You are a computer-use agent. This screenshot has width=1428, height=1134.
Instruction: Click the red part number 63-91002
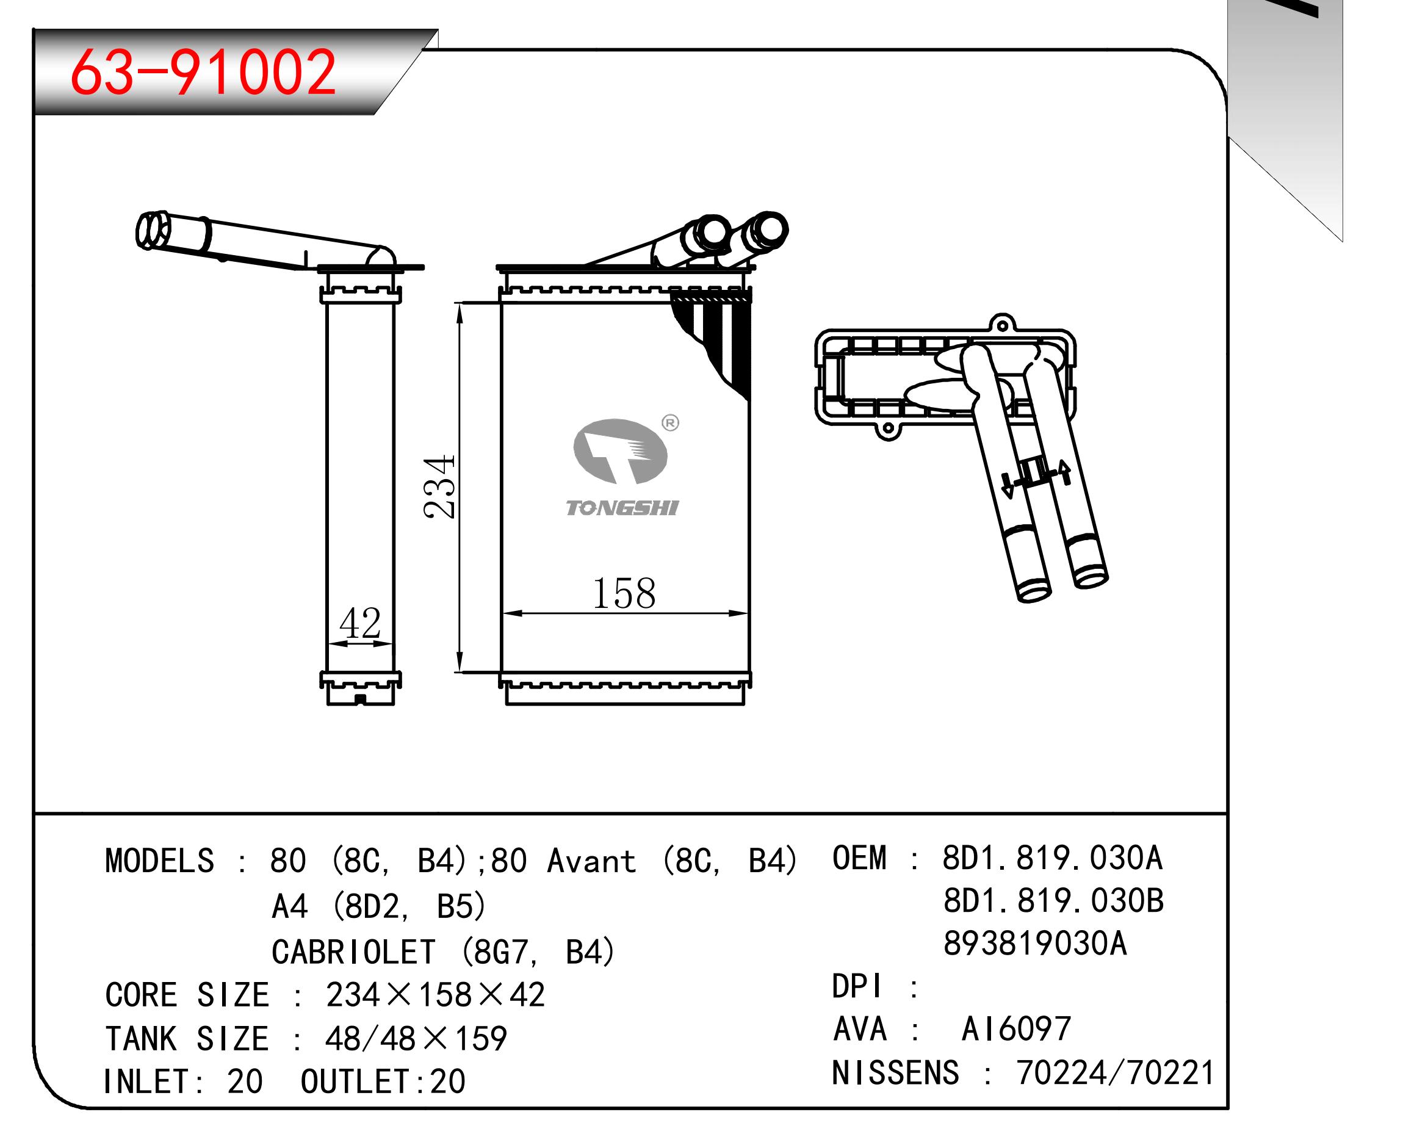click(x=203, y=71)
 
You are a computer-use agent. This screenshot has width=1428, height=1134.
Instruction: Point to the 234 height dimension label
click(x=440, y=486)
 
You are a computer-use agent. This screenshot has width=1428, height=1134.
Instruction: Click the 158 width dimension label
click(x=624, y=593)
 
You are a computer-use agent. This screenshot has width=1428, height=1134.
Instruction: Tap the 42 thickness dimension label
click(x=360, y=623)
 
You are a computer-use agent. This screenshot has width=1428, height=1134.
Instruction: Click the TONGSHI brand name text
click(x=622, y=508)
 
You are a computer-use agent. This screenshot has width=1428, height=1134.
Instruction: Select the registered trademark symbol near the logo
click(x=670, y=422)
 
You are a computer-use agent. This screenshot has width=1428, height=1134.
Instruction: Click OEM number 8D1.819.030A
click(x=1052, y=858)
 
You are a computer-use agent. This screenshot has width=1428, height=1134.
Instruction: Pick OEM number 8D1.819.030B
click(x=1053, y=901)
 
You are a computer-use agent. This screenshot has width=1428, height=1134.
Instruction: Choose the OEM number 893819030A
click(x=1035, y=943)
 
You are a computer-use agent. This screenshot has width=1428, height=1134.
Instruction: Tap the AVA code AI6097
click(x=1016, y=1028)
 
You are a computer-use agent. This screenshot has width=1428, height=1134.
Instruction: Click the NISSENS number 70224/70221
click(x=1116, y=1073)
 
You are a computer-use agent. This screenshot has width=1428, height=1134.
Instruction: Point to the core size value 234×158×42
click(x=435, y=995)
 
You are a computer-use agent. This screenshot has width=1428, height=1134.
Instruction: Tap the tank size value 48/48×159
click(x=416, y=1039)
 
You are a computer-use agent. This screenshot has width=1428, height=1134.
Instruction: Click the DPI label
click(x=857, y=986)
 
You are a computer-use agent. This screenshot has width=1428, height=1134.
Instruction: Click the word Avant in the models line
click(x=591, y=861)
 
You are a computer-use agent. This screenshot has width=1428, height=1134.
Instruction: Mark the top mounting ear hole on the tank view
click(x=1002, y=326)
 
